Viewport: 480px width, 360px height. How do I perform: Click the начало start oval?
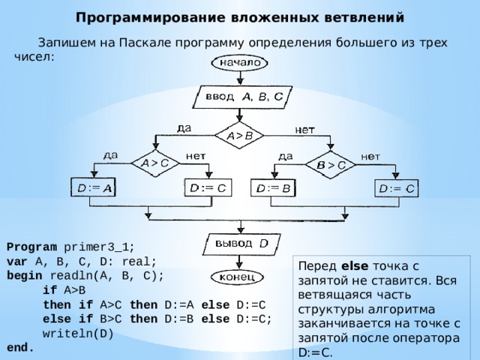[x=239, y=63]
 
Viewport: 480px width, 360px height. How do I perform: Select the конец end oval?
[x=237, y=277]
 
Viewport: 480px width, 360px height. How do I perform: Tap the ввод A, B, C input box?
[x=242, y=97]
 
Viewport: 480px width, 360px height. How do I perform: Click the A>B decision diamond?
[x=239, y=135]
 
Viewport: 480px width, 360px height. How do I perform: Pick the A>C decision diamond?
[x=155, y=163]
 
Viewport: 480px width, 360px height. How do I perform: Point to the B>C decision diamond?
[x=331, y=165]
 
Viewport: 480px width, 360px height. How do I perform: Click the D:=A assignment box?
[x=93, y=187]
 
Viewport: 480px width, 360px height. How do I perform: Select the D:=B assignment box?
[x=273, y=187]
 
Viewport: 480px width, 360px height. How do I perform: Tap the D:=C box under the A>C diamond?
[x=208, y=187]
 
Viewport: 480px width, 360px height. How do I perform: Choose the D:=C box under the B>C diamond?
[x=397, y=188]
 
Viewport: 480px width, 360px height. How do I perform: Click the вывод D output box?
[x=241, y=244]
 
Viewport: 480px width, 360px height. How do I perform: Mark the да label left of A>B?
[x=184, y=128]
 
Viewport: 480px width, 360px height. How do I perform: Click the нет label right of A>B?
[x=304, y=130]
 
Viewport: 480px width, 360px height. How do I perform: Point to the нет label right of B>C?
[x=370, y=157]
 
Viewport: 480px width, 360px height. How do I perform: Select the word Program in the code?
[x=31, y=247]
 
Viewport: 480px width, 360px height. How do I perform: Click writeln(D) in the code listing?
[x=78, y=333]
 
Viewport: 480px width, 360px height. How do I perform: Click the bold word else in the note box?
[x=355, y=265]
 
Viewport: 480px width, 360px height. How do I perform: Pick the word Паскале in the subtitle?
[x=145, y=42]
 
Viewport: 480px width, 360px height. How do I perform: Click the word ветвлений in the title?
[x=364, y=17]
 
